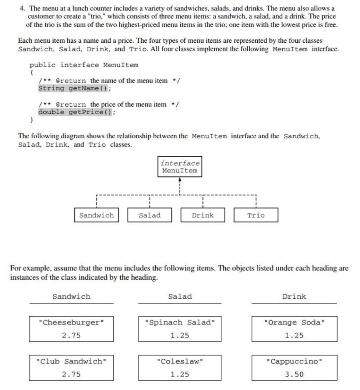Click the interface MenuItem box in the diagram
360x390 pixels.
pos(180,167)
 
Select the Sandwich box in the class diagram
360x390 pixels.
pos(96,215)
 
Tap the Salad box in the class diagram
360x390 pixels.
pos(150,215)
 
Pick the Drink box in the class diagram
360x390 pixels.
pos(202,215)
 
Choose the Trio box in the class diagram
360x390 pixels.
pos(256,215)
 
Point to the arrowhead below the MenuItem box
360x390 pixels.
pos(180,181)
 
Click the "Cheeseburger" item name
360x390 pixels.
pos(71,323)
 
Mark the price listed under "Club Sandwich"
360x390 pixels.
pos(71,374)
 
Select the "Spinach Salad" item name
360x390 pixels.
pos(180,323)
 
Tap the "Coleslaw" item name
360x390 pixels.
pos(180,361)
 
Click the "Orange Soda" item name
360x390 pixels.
pos(294,323)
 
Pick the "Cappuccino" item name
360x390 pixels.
pos(294,361)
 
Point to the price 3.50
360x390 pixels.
pos(294,374)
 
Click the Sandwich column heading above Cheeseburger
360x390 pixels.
pos(71,296)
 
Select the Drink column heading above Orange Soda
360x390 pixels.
pos(294,296)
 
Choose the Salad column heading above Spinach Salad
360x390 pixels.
pos(180,296)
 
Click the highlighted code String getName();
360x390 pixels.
pos(75,88)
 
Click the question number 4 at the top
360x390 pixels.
pos(22,8)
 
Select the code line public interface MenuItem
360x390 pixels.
pos(84,65)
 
